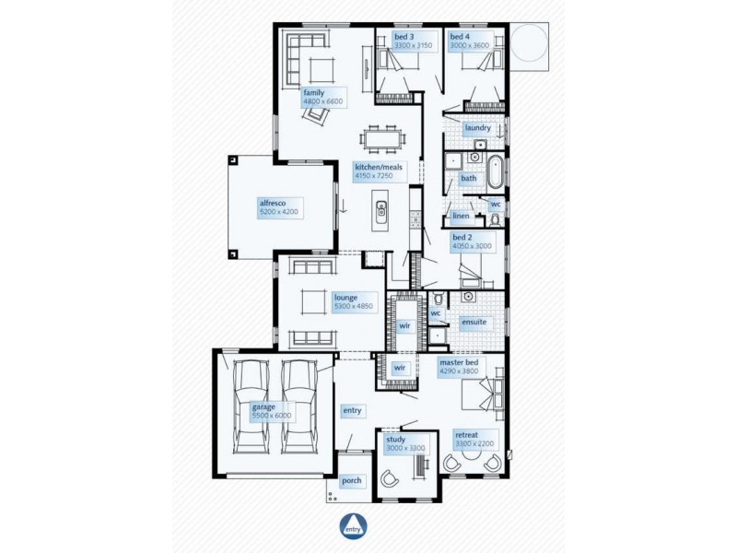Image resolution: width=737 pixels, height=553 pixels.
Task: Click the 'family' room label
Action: [313, 92]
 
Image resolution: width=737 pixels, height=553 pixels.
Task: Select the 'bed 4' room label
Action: [460, 37]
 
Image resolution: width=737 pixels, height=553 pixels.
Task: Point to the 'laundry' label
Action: [477, 128]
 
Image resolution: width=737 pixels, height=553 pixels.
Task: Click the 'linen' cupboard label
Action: [462, 217]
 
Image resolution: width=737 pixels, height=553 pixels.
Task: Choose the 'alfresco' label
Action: [274, 201]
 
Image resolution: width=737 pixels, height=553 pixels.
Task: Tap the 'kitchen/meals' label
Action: [379, 168]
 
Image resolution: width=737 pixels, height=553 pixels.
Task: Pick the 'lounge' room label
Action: [345, 298]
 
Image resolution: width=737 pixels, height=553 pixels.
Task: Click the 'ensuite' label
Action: [474, 323]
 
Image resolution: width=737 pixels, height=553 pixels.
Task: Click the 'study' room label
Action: [395, 441]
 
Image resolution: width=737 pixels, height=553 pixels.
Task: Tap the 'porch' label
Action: [351, 480]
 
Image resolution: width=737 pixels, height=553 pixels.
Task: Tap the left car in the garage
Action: [250, 406]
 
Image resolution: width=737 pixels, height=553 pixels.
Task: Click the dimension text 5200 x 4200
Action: [279, 212]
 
